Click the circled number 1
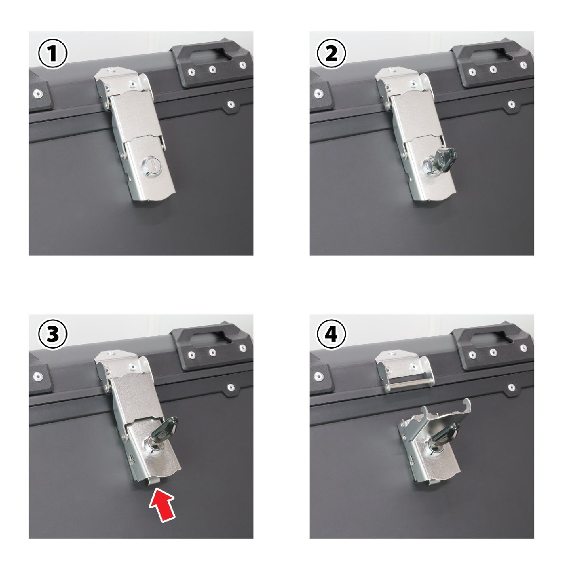tap(53, 54)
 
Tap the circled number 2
tap(331, 54)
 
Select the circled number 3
tap(53, 334)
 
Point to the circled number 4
tap(331, 334)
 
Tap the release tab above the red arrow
tap(153, 480)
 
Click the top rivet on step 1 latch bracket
tap(111, 70)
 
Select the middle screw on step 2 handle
tap(493, 69)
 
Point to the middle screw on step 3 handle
tap(212, 352)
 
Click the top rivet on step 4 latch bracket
tap(392, 353)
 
